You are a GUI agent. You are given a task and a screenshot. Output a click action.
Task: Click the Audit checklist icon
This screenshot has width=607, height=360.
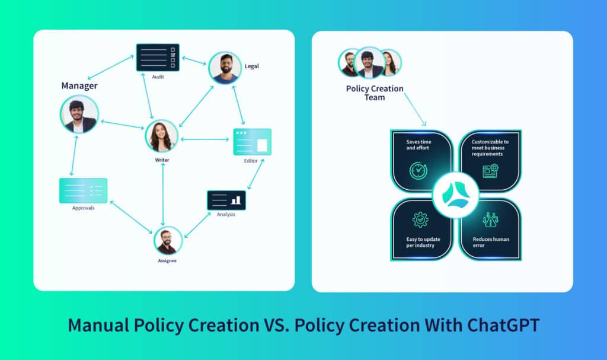pos(158,58)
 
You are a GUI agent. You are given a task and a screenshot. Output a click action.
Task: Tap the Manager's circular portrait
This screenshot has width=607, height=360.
pos(79,114)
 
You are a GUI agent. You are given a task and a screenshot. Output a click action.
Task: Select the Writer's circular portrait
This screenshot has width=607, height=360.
pos(161,136)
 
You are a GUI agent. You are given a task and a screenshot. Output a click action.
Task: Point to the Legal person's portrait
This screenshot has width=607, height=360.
pos(225,68)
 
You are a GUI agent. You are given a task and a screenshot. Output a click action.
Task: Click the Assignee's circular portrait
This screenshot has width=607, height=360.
pos(168,241)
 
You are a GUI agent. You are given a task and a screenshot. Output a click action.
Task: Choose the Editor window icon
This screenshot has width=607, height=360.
pos(252,142)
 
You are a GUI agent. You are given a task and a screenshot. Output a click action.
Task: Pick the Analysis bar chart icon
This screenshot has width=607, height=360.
pos(226,200)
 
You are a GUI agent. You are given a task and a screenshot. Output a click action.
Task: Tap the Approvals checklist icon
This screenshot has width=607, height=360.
pos(83,190)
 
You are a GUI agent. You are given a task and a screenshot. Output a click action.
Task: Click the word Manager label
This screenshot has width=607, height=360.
pos(79,85)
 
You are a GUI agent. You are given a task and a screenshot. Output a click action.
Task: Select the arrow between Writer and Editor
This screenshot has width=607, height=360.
pos(205,139)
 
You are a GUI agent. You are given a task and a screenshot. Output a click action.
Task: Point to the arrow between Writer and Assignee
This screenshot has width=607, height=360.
pos(163,194)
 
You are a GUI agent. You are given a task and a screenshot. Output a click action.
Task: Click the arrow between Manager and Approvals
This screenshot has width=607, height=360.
pos(74,155)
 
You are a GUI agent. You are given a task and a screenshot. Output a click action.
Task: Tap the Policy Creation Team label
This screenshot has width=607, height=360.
pos(375,93)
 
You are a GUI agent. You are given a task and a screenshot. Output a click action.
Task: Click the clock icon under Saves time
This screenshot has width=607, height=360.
pos(418,171)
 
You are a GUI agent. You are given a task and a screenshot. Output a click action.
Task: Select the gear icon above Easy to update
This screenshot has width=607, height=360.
pos(420,219)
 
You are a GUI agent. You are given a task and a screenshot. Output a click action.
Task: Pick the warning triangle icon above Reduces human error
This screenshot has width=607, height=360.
pos(490,219)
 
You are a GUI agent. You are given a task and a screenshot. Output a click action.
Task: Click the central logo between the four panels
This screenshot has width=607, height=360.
pos(456,195)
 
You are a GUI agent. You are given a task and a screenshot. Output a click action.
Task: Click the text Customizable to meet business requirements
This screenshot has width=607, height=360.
pos(490,148)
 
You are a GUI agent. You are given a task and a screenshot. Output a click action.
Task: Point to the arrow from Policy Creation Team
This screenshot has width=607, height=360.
pos(416,110)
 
